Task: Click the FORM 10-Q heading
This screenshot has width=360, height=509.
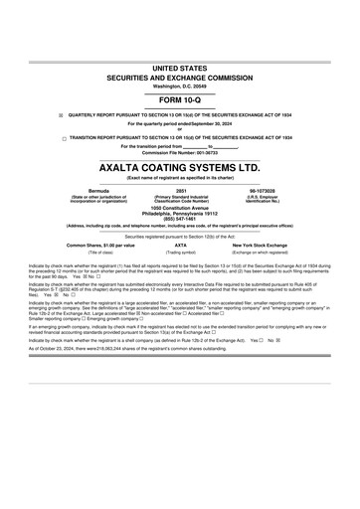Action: coord(180,102)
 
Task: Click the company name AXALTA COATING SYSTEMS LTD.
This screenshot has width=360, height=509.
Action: coord(180,169)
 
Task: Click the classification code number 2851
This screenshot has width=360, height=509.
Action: coord(180,188)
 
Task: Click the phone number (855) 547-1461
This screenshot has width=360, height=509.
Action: coord(180,218)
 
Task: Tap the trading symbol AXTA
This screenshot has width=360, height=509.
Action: coord(180,245)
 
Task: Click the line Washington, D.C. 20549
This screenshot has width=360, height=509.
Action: coord(180,85)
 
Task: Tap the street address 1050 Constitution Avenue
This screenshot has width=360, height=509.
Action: coord(180,207)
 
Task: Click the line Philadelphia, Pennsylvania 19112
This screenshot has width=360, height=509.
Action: coord(180,213)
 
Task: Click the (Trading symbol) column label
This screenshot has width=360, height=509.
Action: coord(180,253)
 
